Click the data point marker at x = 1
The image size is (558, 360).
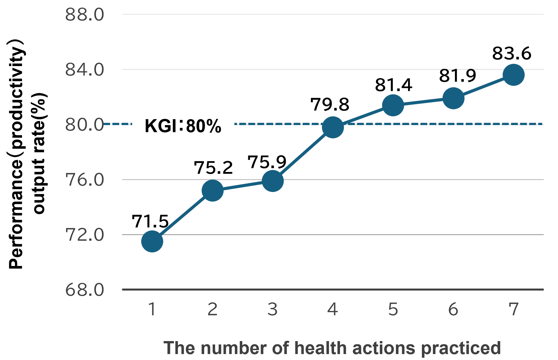click(152, 241)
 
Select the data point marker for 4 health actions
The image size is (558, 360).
click(333, 127)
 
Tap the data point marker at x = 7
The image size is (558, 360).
click(513, 75)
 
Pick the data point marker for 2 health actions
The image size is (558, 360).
click(213, 191)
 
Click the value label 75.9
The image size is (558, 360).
click(267, 162)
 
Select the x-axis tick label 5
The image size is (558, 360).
click(393, 309)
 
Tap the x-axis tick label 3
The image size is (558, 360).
click(273, 309)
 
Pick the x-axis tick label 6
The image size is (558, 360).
click(453, 309)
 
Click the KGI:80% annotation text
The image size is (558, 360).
click(183, 126)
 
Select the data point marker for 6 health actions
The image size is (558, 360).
click(453, 98)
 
